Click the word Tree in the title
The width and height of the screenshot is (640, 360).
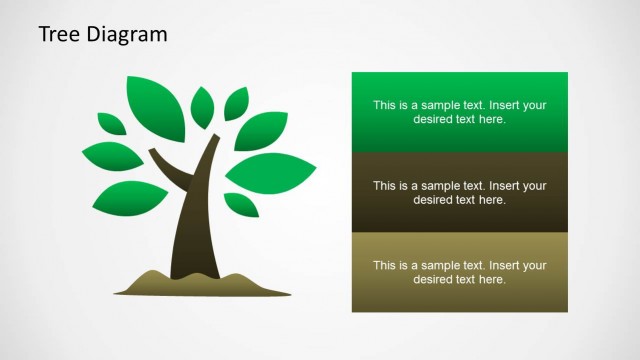click(58, 35)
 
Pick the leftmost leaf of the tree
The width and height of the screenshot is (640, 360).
click(112, 158)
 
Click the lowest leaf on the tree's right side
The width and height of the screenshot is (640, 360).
click(241, 204)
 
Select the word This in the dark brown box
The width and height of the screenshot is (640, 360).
click(385, 186)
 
